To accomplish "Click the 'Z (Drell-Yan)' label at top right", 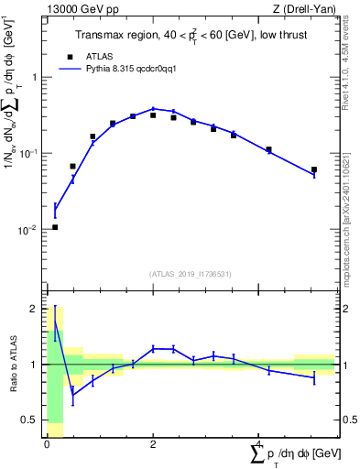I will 302,9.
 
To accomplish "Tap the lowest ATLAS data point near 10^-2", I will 55,227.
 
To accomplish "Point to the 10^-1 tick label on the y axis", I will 27,153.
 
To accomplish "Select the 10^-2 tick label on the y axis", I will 27,230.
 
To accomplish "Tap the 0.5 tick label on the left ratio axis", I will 29,420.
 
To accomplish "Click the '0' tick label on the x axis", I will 47,444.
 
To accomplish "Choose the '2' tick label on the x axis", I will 153,444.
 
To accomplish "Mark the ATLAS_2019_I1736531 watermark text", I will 191,274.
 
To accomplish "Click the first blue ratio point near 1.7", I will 55,322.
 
